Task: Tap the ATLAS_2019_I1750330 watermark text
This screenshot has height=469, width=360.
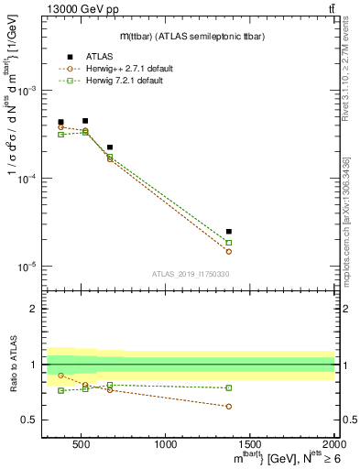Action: [x=190, y=274]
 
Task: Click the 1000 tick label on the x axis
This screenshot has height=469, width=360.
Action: [x=166, y=444]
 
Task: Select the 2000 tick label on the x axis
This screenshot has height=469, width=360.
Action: [x=334, y=444]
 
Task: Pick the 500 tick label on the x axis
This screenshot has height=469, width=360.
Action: [x=82, y=444]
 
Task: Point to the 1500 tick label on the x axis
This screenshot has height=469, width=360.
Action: [x=250, y=444]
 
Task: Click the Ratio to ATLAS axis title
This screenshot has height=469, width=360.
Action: [x=13, y=365]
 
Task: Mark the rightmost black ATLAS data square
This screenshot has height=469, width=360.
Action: [x=229, y=232]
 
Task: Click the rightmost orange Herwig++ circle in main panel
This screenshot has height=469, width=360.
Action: [x=229, y=251]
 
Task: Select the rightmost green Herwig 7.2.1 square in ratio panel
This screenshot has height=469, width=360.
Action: [x=229, y=387]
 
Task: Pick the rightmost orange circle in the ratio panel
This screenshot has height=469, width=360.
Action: [x=229, y=406]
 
